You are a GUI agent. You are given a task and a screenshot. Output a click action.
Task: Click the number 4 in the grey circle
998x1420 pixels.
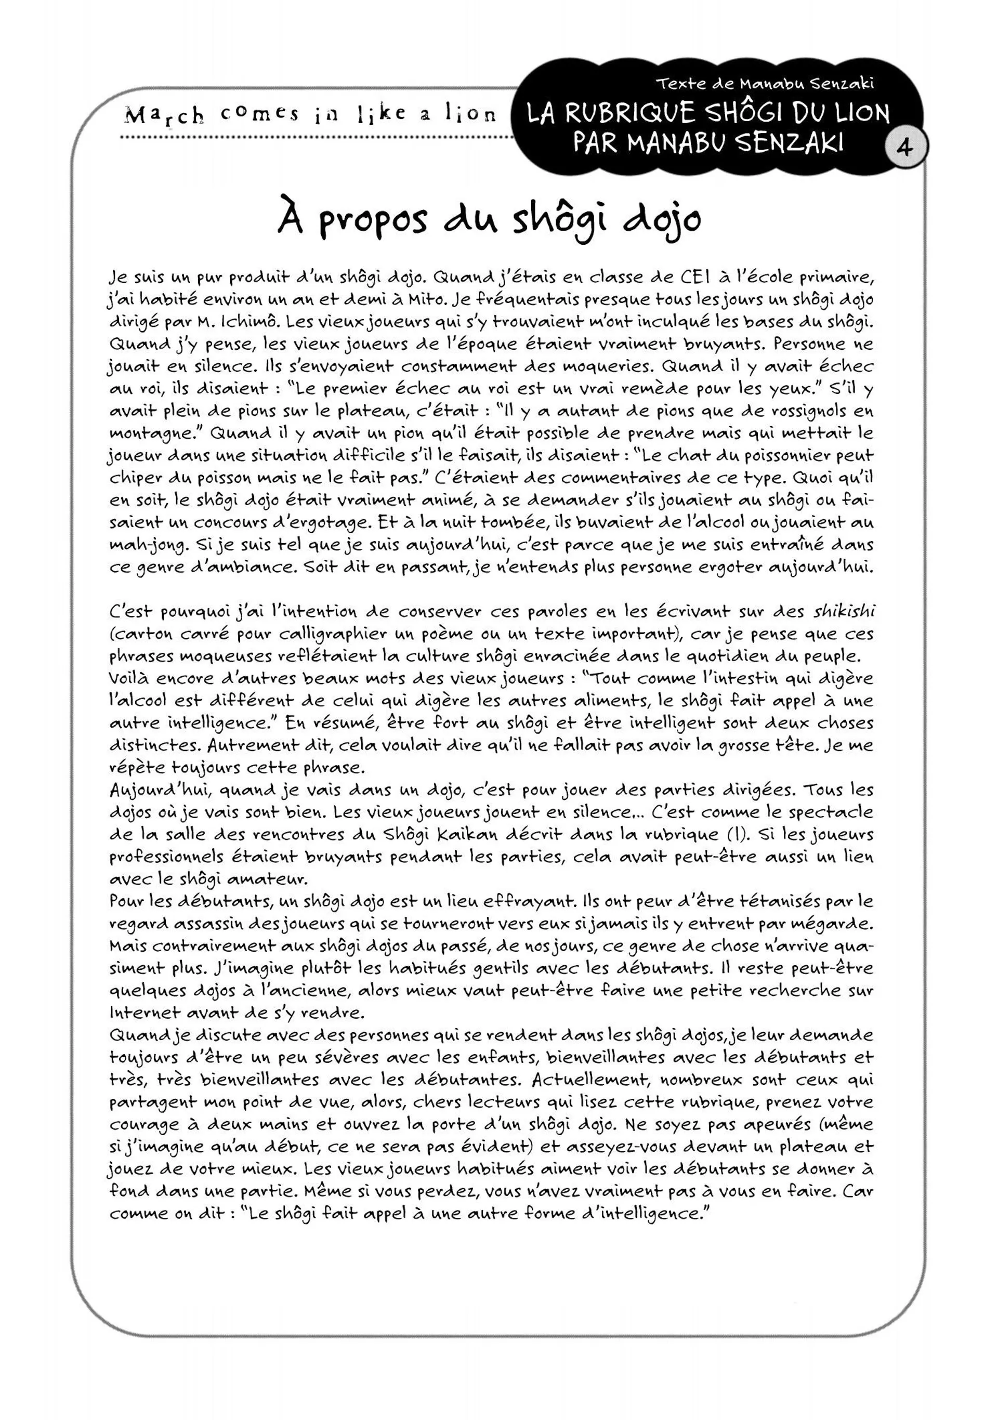pyautogui.click(x=904, y=149)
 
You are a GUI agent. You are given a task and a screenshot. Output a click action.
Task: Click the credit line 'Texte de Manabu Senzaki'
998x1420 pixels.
pyautogui.click(x=765, y=84)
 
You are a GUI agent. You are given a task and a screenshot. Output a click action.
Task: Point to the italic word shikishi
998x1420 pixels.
pyautogui.click(x=844, y=612)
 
